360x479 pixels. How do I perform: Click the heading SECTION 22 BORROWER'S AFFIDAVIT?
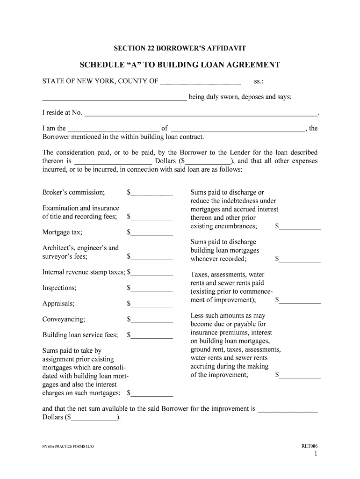[180, 48]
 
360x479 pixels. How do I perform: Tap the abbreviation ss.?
[259, 82]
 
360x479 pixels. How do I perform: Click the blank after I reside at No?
[201, 113]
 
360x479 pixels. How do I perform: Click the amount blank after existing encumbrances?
[300, 227]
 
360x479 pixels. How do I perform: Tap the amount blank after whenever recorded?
[300, 260]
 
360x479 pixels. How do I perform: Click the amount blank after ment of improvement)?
[300, 301]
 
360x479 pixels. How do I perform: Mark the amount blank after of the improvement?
[300, 376]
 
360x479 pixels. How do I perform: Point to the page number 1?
[316, 454]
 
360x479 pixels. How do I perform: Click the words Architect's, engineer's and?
[80, 248]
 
